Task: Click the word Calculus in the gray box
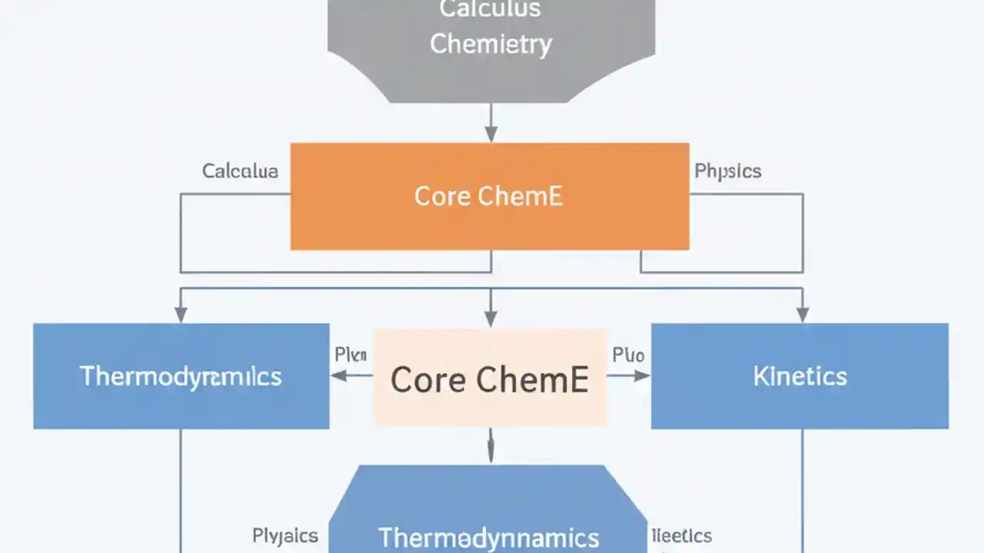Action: (x=490, y=9)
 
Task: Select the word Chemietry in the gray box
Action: (x=490, y=44)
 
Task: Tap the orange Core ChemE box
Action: (x=490, y=196)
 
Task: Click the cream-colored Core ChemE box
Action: (x=490, y=379)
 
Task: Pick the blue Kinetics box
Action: (x=799, y=376)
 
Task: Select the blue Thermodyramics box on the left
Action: (x=181, y=376)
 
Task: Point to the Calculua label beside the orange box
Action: (x=240, y=171)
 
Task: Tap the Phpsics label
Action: (x=727, y=171)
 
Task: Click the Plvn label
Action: (x=351, y=355)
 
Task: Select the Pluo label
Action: (x=628, y=355)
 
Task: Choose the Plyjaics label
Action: (x=285, y=535)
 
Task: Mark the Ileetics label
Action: (x=681, y=535)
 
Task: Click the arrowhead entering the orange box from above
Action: (x=490, y=134)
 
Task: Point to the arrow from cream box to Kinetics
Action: (x=629, y=376)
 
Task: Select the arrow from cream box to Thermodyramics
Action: (x=351, y=376)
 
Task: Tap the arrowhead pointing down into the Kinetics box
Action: (x=803, y=314)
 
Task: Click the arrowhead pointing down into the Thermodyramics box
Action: (x=181, y=314)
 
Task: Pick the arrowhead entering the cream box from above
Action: (x=490, y=319)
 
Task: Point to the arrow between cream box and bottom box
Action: (x=490, y=445)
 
